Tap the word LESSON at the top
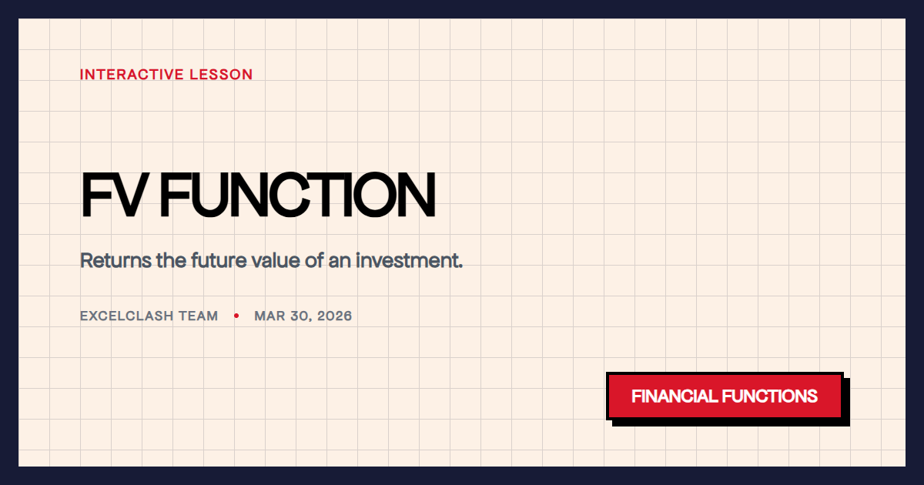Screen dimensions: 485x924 coord(225,75)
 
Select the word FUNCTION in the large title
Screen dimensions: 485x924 coord(298,195)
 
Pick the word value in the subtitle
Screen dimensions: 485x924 coord(276,260)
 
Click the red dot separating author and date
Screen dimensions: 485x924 coord(236,316)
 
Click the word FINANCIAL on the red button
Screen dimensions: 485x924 coord(674,396)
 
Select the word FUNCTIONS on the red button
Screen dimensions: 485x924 coord(770,396)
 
